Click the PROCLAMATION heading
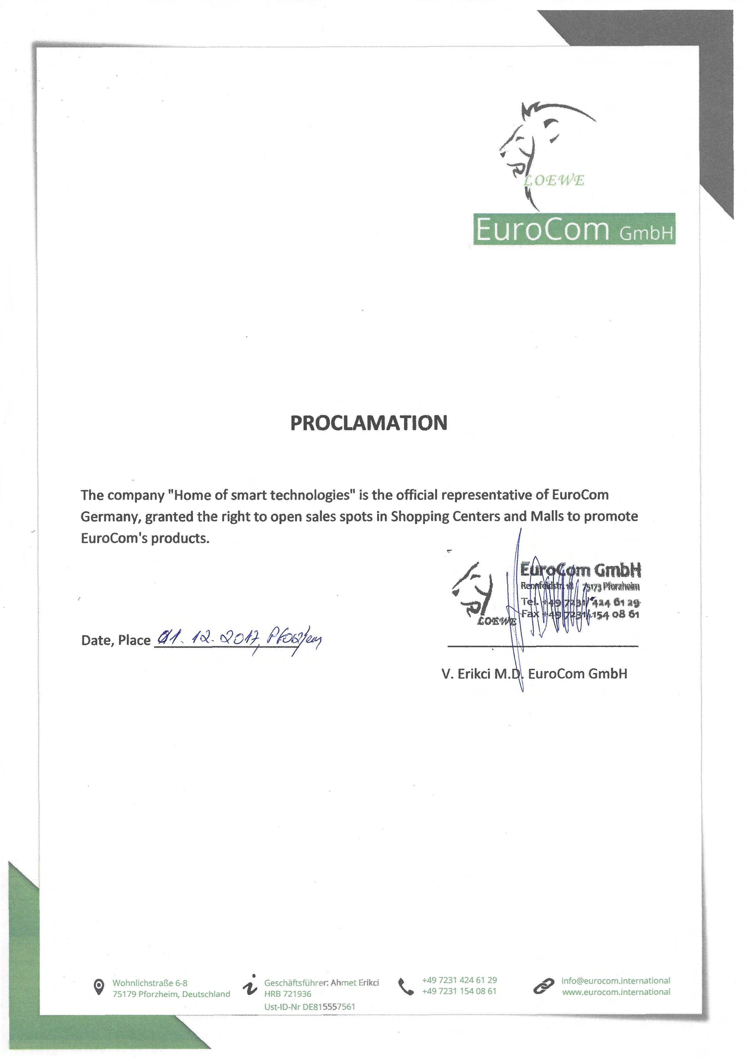coord(369,423)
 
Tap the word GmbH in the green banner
coord(646,233)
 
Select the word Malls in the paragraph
coord(547,516)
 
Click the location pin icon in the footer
coord(98,987)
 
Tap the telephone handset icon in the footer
coord(406,987)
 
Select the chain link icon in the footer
coord(543,986)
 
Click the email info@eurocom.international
coord(616,981)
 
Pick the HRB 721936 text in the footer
coord(288,994)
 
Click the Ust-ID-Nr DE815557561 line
coord(310,1007)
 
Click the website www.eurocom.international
coord(616,992)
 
